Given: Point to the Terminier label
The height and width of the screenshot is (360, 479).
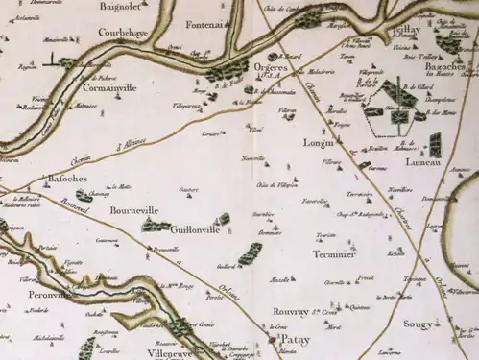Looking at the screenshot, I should tap(333, 255).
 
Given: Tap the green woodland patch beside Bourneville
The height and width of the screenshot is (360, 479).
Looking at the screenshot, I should tap(152, 227).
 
